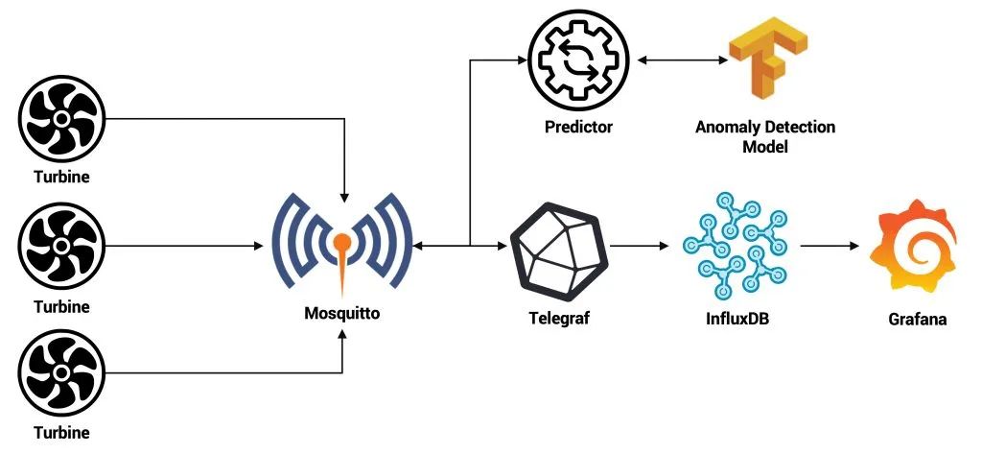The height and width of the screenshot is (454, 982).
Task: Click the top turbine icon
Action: click(61, 118)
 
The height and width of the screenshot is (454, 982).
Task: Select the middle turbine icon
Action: click(61, 247)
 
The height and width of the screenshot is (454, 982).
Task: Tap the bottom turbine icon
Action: click(61, 373)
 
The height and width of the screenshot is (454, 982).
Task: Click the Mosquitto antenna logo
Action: click(341, 244)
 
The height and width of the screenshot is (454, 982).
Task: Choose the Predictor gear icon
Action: click(578, 60)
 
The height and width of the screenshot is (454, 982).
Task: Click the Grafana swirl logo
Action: click(913, 246)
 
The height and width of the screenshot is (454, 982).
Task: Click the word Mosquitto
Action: click(342, 313)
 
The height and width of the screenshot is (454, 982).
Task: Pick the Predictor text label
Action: click(578, 128)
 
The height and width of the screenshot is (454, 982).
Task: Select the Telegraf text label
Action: click(559, 319)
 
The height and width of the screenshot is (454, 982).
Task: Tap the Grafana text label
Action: click(918, 319)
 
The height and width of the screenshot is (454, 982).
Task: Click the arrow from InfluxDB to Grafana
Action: click(830, 247)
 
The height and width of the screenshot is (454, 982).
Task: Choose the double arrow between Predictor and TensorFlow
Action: click(682, 60)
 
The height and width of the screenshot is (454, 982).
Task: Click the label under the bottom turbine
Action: click(61, 433)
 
